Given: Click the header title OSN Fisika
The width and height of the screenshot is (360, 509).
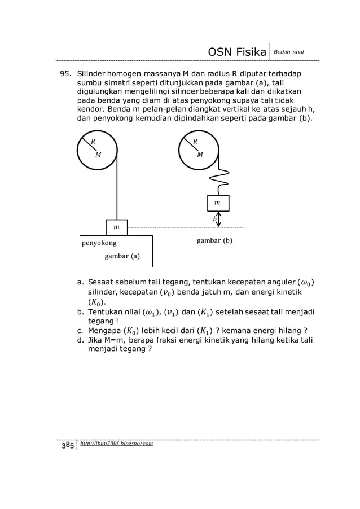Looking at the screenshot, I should pos(237,52).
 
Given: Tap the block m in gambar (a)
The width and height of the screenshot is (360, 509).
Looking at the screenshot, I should pos(117,227).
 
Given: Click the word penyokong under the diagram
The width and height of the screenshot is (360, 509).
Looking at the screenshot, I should pos(99,243).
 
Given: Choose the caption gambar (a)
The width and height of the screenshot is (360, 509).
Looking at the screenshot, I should pos(122,256).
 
